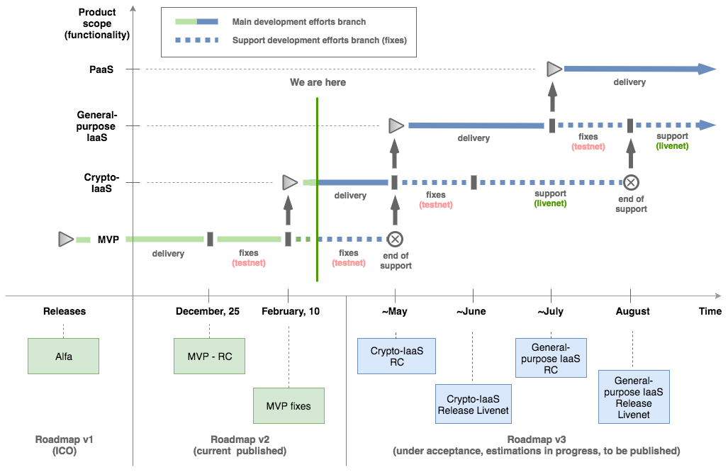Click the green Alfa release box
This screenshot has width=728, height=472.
pos(63,356)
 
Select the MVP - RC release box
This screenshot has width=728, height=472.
pos(209,356)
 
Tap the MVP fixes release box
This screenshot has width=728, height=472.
pos(289,405)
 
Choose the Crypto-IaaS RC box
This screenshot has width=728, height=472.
pos(396,356)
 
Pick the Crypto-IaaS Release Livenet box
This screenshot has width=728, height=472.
pos(474,404)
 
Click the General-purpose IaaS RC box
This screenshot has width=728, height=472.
pos(551,358)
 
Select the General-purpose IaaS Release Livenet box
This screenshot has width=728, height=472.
pos(634,397)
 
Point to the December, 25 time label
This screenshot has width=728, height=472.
pos(208,311)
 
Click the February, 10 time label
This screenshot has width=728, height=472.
pos(291,311)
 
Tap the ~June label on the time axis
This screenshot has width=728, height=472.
pos(471,311)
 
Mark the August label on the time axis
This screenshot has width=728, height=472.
pos(633,311)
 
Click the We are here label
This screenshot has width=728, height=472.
pos(318,82)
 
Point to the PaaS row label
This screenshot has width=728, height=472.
pos(101,69)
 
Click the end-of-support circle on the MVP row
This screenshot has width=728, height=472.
pos(395,240)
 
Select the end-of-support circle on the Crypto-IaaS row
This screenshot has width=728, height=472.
pos(631,182)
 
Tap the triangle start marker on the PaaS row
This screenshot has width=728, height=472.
pos(554,69)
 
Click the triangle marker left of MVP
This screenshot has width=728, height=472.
pos(66,240)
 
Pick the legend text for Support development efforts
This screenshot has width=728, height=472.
pos(320,40)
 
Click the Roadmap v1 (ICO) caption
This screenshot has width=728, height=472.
pos(64,445)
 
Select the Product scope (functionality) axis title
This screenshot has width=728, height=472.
pos(97,23)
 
